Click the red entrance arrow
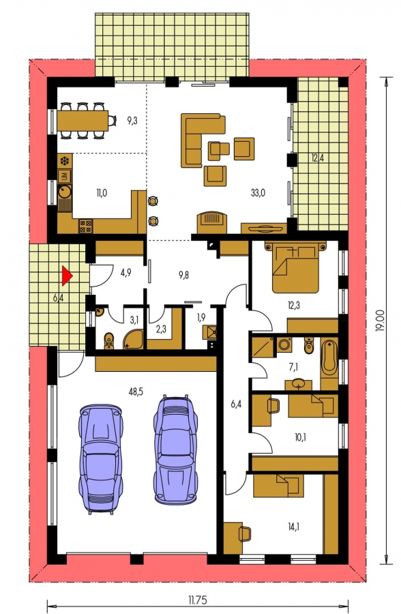point(67,276)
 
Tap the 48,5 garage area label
point(136,391)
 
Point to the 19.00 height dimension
point(379,321)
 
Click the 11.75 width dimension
point(197,600)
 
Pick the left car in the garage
point(100,458)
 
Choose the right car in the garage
point(175,450)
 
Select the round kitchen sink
point(64,192)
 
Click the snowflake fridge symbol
point(64,161)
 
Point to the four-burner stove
point(86,226)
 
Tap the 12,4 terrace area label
point(318,158)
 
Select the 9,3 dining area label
point(132,121)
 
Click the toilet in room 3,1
point(108,340)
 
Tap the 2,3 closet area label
point(161,329)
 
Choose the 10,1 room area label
point(299,437)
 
